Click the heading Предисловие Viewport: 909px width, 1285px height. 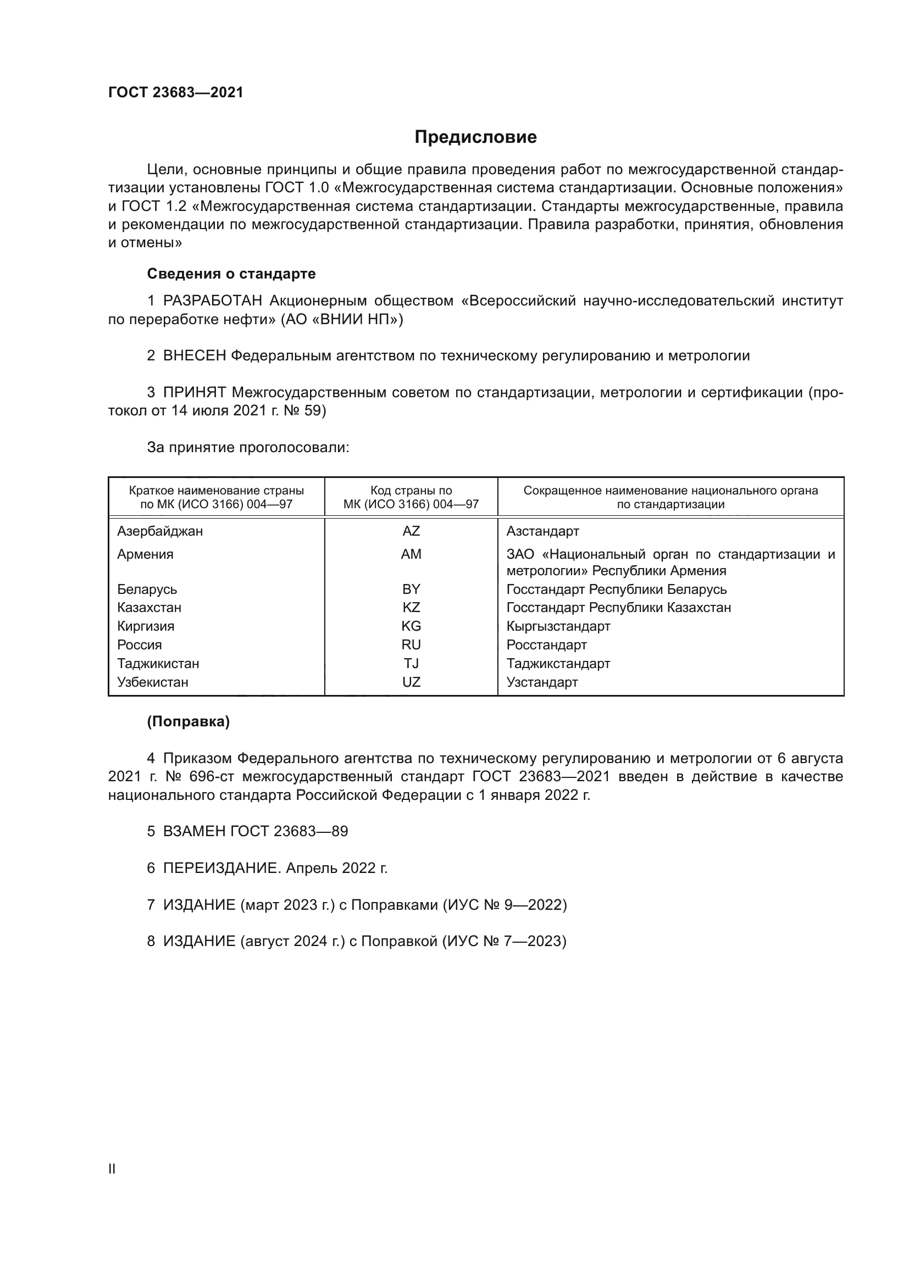475,137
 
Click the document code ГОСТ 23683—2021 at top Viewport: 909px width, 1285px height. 176,92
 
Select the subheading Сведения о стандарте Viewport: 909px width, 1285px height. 231,274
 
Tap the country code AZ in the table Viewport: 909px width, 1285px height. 411,531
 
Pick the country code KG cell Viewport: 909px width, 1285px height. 411,626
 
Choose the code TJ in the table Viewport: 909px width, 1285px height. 411,663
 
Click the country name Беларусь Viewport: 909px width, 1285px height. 147,589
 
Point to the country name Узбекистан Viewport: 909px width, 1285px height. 153,682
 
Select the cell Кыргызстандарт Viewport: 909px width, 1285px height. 558,626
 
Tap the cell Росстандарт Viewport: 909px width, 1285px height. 546,645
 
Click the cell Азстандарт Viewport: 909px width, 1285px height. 542,531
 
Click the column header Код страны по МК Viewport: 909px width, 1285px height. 411,497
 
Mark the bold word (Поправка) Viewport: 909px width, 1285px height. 188,721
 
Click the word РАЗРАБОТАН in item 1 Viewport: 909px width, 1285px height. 213,301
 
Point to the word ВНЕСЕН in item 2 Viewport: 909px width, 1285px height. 195,355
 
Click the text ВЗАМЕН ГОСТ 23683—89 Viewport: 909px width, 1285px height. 255,831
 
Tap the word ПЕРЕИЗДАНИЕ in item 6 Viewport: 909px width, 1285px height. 221,868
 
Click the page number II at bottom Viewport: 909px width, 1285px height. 112,1169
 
